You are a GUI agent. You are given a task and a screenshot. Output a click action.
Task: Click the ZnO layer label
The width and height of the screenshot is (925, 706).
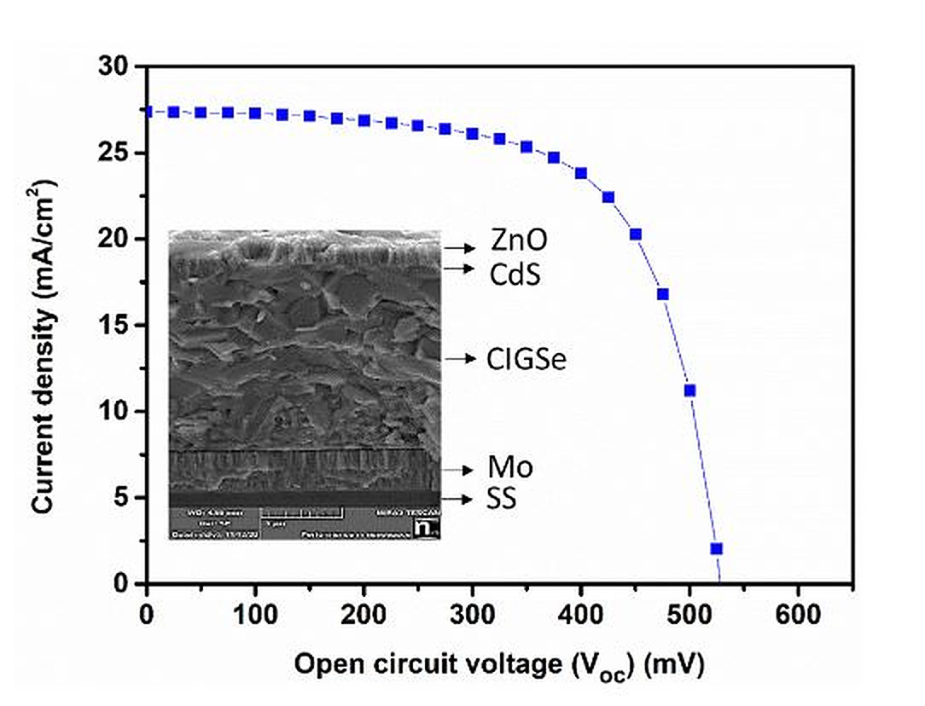519,241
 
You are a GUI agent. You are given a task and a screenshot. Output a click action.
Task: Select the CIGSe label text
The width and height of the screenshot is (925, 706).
526,361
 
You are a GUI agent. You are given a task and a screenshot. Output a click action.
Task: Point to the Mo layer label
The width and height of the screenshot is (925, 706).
510,467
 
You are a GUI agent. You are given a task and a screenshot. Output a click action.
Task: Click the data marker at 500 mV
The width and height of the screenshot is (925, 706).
690,391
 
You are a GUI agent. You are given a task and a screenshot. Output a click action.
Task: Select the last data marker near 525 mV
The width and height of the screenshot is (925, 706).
717,548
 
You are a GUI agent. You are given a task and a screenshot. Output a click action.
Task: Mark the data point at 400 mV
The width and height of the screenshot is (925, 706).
581,173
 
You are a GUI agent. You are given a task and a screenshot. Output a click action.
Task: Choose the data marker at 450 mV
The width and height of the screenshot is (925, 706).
636,234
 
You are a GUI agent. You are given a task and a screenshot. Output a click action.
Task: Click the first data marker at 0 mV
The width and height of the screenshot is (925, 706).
148,111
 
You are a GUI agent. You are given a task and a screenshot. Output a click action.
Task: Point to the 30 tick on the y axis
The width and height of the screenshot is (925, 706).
119,67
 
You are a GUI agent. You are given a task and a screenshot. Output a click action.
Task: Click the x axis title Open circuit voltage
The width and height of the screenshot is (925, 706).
499,665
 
